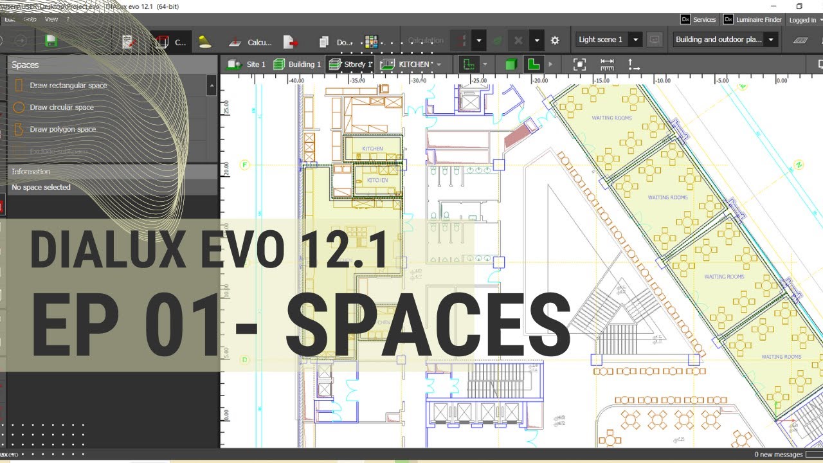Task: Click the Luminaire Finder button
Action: click(x=752, y=20)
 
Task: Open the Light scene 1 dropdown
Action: click(x=635, y=40)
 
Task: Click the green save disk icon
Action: click(x=51, y=42)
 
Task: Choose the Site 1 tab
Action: click(x=248, y=64)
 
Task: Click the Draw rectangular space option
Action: click(x=68, y=86)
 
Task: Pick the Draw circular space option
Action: click(x=61, y=107)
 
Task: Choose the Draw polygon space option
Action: click(x=62, y=129)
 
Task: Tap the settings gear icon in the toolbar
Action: click(x=555, y=41)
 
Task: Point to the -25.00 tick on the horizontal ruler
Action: click(x=479, y=81)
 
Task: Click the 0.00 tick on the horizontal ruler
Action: click(x=781, y=81)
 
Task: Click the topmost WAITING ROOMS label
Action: click(x=612, y=118)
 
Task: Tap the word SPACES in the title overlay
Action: click(x=428, y=325)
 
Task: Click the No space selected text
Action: click(x=41, y=187)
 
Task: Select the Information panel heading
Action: click(x=31, y=172)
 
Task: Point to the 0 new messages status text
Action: click(x=779, y=455)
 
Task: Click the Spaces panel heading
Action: click(x=25, y=65)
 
